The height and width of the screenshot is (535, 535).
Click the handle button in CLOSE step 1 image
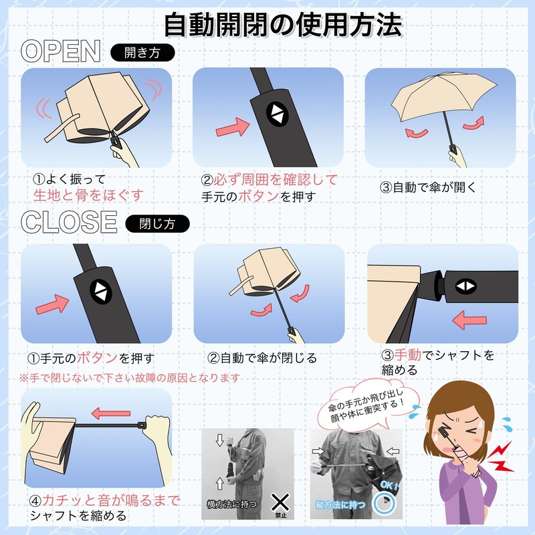(x=103, y=290)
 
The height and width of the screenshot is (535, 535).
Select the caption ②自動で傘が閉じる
(x=261, y=358)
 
